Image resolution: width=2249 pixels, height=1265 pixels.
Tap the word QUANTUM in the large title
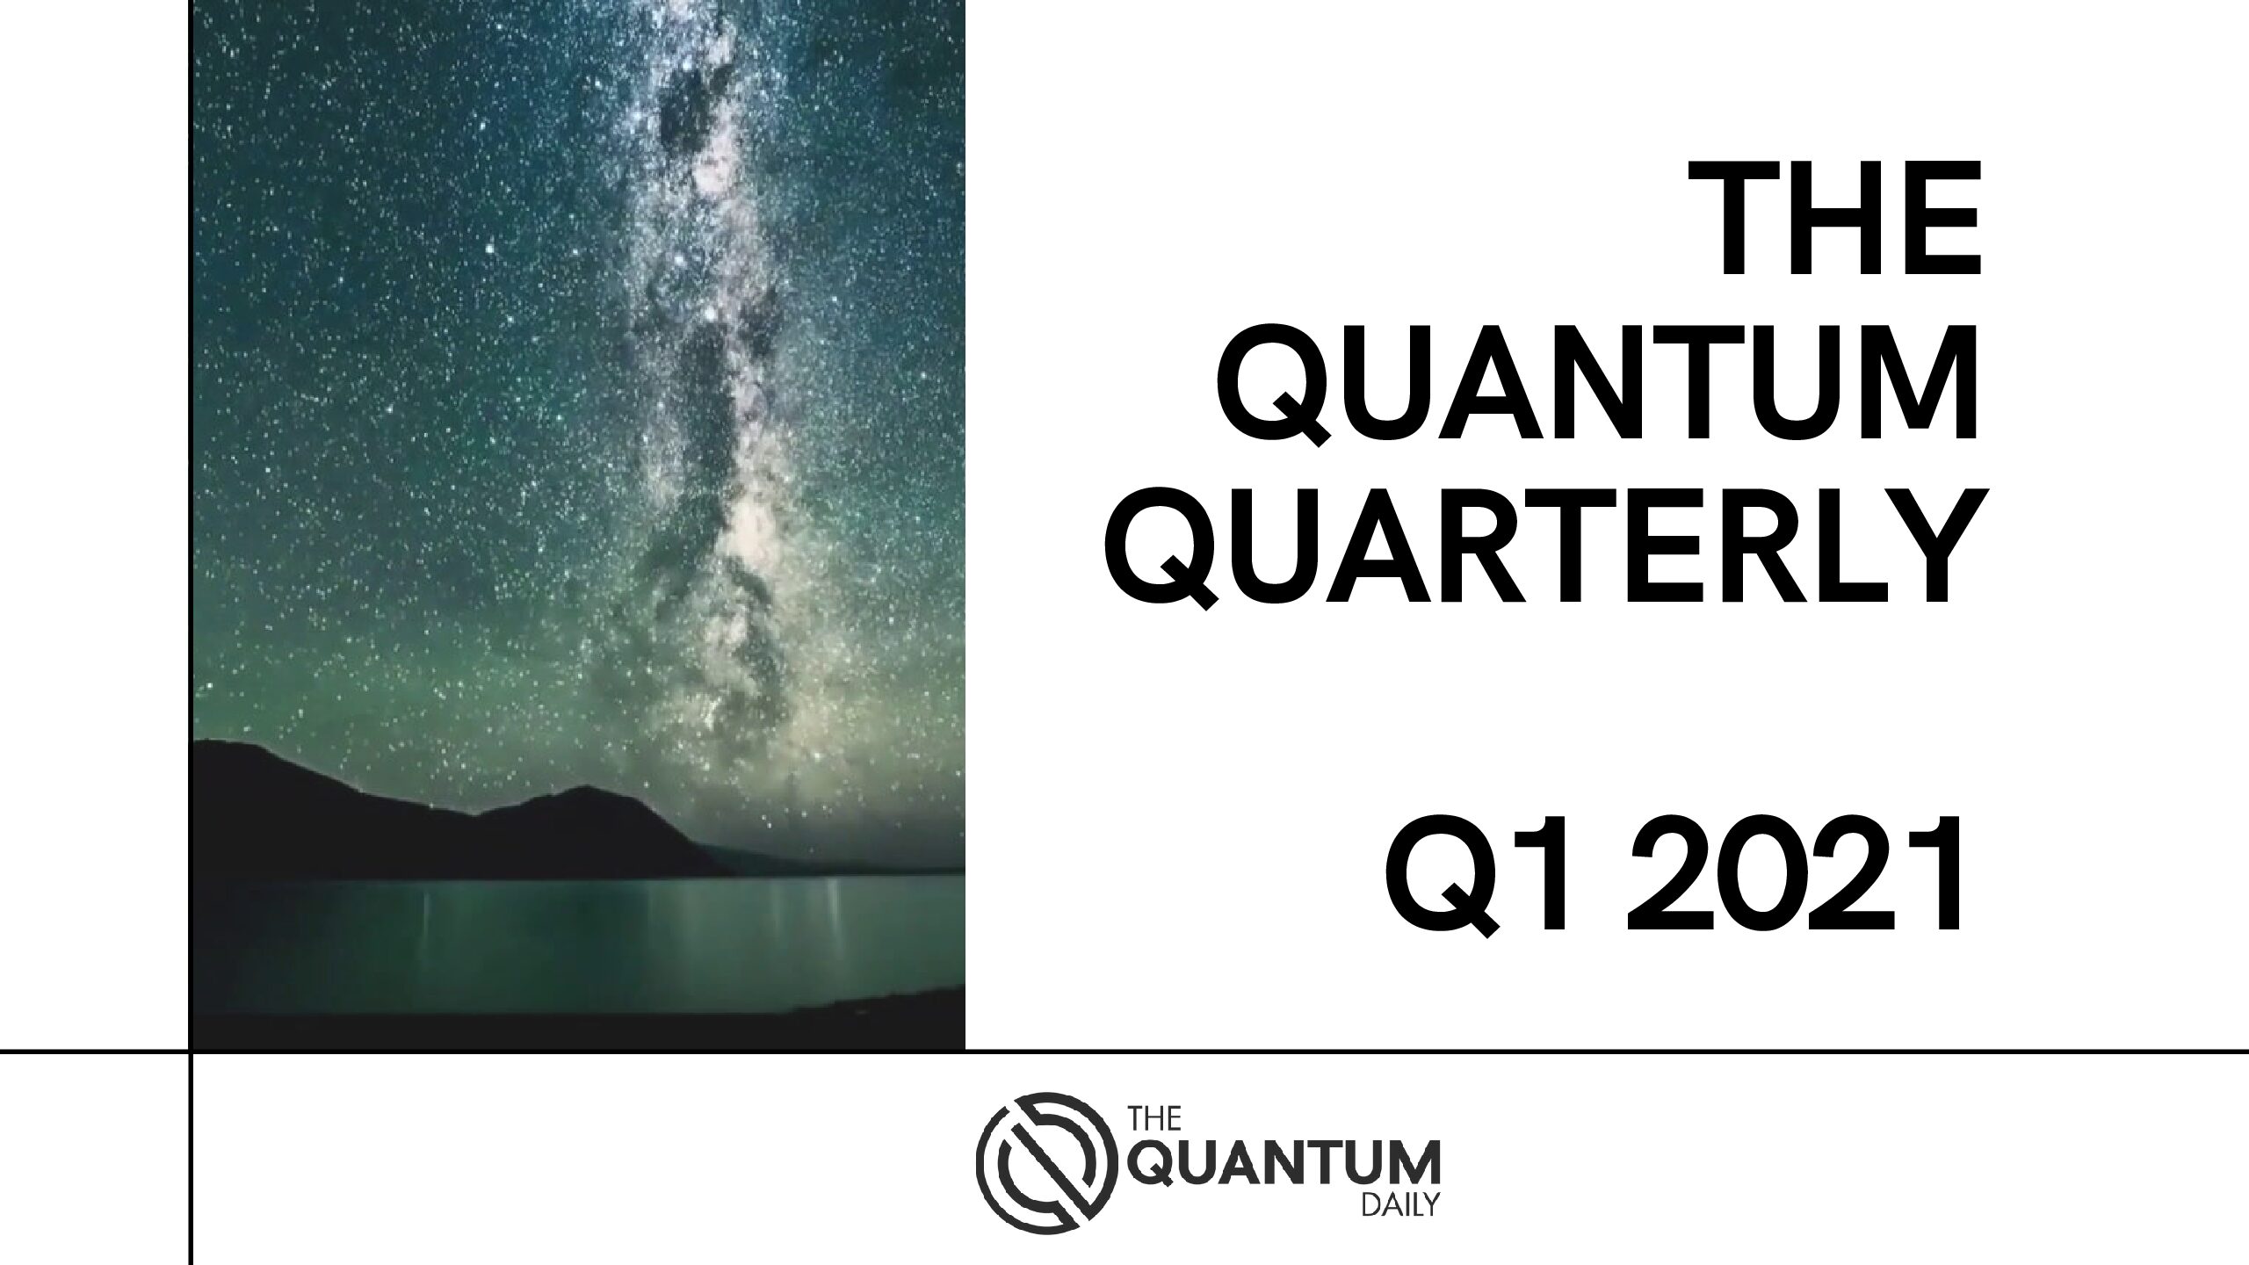click(x=1596, y=389)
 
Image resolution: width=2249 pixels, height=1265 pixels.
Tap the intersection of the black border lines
click(x=190, y=1050)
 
